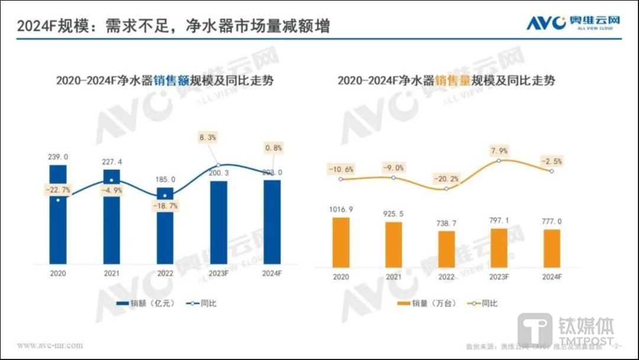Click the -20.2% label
tap(447, 177)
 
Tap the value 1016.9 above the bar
tap(341, 209)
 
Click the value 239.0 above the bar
tap(58, 157)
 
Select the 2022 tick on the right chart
tap(446, 277)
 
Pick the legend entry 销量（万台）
tap(424, 303)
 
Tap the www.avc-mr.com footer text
tap(50, 345)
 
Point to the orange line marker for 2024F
tap(551, 171)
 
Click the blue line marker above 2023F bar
tap(218, 165)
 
